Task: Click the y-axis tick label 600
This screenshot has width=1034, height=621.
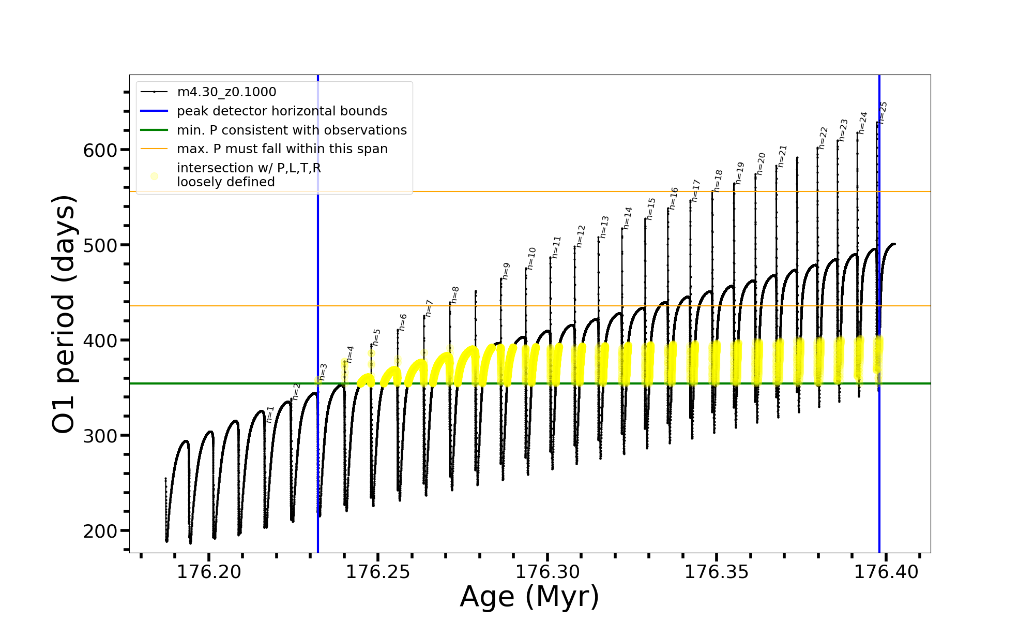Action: pos(100,151)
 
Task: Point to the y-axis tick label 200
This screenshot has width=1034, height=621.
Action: pos(100,531)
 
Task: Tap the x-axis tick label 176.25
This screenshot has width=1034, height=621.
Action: pos(378,572)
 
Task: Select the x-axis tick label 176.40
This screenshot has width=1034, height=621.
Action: pos(886,572)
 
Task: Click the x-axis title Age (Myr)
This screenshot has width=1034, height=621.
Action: pos(529,597)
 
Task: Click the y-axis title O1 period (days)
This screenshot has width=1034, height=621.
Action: pos(64,314)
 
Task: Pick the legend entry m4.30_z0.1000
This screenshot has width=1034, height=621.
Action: pos(226,92)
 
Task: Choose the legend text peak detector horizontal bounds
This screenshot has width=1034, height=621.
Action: pos(282,111)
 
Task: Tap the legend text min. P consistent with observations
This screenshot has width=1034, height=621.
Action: pos(292,130)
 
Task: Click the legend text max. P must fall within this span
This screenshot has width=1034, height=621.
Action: pos(282,149)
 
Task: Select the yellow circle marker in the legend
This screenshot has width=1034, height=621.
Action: pos(154,176)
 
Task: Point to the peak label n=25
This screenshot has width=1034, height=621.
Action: pos(884,112)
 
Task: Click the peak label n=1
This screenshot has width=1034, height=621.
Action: pos(270,415)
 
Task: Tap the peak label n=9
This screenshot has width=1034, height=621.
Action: pos(506,271)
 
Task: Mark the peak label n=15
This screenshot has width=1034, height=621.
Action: pos(651,209)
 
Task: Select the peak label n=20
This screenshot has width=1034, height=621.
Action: pos(761,164)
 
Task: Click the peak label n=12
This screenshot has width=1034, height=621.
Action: pos(581,236)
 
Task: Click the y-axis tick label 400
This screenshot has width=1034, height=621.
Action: pos(100,341)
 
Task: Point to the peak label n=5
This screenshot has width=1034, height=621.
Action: pos(376,337)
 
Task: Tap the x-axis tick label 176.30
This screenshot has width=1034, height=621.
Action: pos(548,572)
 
